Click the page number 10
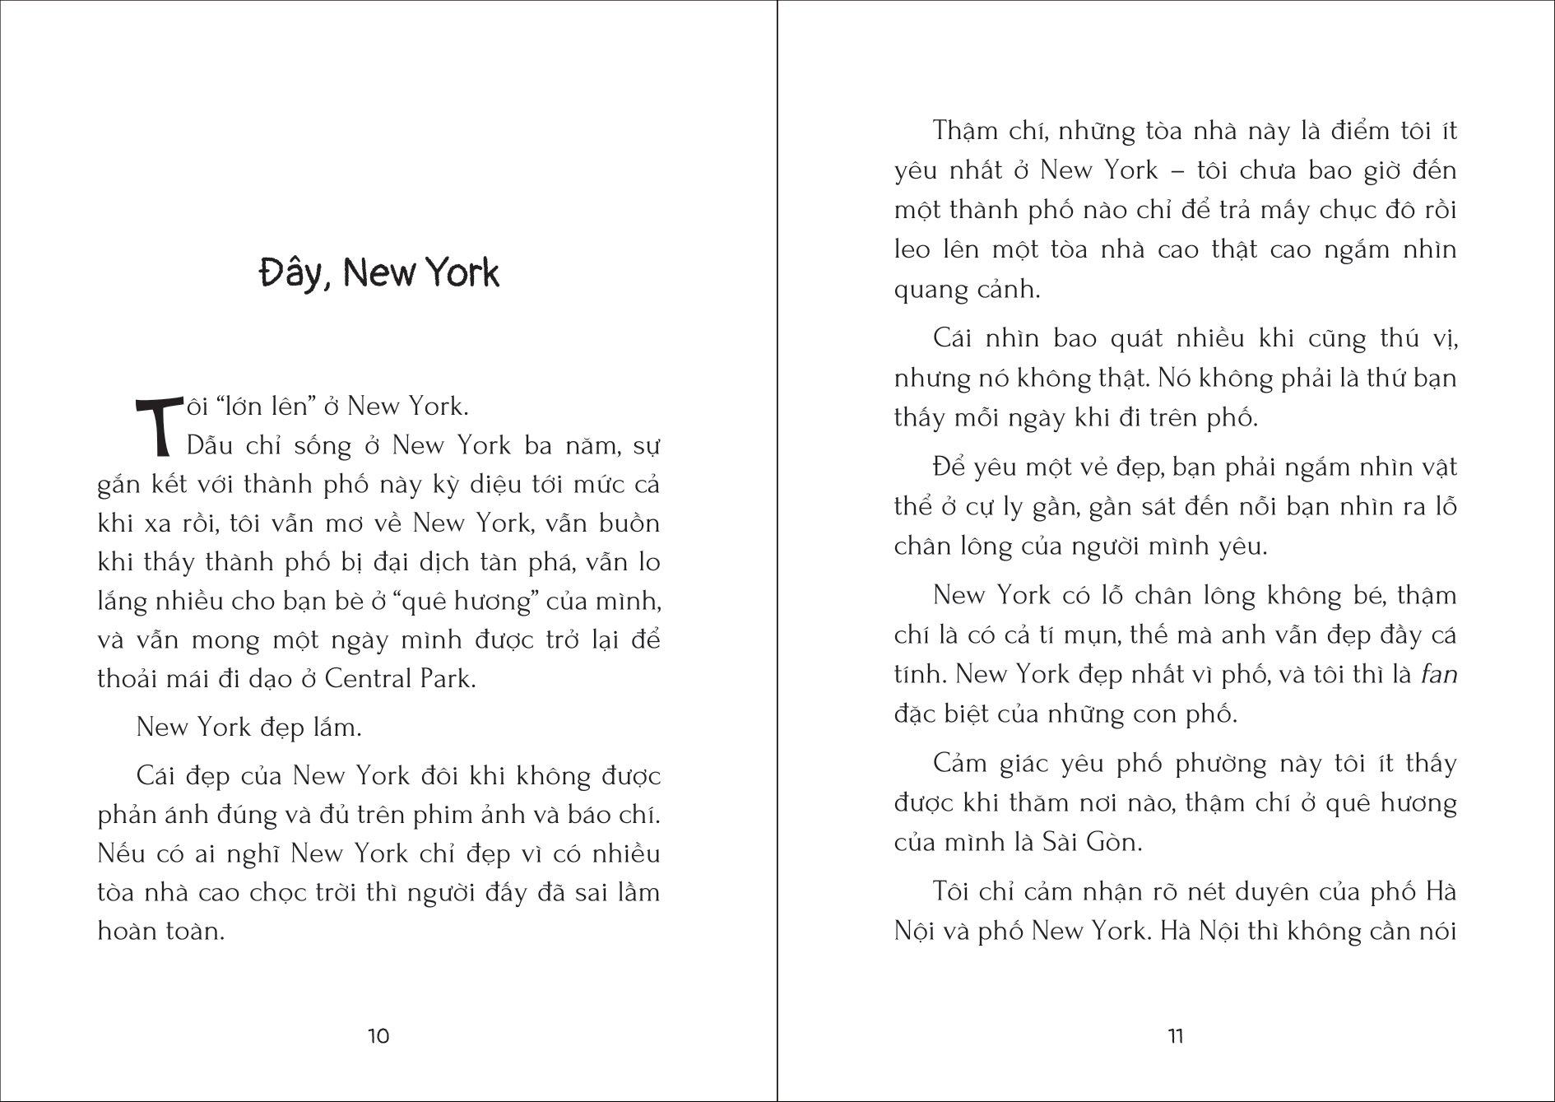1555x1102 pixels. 378,1035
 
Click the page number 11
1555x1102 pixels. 1176,1035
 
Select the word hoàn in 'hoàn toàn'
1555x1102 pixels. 132,931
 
